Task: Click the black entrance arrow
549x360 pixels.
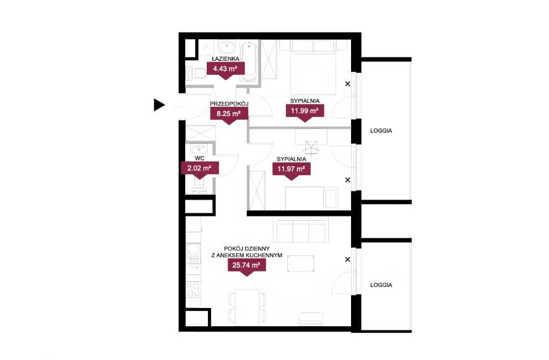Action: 159,105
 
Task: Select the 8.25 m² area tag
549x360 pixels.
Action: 229,115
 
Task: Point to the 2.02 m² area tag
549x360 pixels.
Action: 200,170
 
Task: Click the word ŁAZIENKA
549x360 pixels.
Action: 226,59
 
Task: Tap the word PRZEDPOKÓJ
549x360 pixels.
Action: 229,103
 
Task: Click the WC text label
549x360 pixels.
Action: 200,158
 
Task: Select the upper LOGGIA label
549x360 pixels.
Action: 381,131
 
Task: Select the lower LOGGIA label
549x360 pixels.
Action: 381,285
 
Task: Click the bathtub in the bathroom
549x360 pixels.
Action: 249,61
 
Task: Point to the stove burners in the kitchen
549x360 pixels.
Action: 194,290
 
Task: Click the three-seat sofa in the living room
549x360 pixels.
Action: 301,231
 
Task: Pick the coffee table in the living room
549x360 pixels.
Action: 301,264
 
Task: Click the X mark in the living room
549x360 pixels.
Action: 348,259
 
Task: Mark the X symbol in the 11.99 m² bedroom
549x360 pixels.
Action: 348,84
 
